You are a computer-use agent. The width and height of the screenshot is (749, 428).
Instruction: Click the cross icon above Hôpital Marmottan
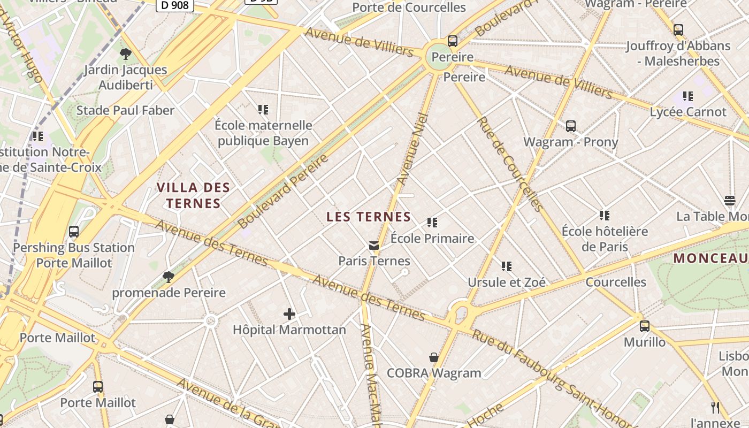(x=289, y=314)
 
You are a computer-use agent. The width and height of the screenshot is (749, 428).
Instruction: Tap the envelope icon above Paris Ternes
(x=374, y=246)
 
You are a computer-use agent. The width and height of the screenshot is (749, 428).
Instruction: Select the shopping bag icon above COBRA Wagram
(x=434, y=357)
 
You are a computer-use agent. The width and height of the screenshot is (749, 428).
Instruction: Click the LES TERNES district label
(x=369, y=217)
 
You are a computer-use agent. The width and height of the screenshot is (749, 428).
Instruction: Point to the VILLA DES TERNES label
(x=193, y=195)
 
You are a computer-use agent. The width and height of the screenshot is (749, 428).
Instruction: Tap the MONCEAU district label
(x=710, y=258)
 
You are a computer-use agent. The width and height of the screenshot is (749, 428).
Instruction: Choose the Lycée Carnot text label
(x=688, y=112)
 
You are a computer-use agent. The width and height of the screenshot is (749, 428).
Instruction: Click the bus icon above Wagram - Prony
(x=571, y=126)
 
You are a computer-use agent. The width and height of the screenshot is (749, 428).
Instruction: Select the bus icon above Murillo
(x=645, y=326)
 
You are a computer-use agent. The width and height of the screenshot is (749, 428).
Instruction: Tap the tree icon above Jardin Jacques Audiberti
(x=126, y=53)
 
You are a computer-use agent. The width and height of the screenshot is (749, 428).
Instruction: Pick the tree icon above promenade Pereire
(x=169, y=277)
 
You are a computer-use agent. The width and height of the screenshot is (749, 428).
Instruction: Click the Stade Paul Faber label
(x=125, y=110)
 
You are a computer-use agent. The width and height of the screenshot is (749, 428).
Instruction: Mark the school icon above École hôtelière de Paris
(x=605, y=216)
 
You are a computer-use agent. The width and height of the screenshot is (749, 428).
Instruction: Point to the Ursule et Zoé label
(x=507, y=282)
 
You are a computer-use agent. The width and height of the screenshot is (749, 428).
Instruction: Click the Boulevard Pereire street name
(x=283, y=191)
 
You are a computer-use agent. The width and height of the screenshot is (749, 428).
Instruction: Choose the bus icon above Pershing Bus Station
(x=74, y=232)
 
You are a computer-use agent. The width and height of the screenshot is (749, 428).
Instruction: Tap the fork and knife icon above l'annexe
(x=715, y=407)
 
